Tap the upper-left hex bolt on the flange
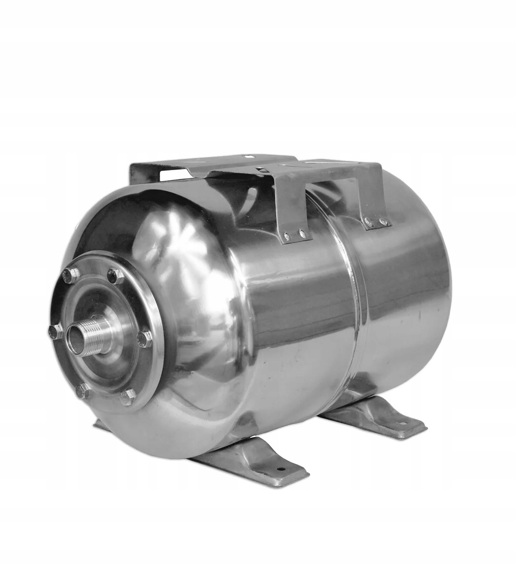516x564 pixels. (x=67, y=276)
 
